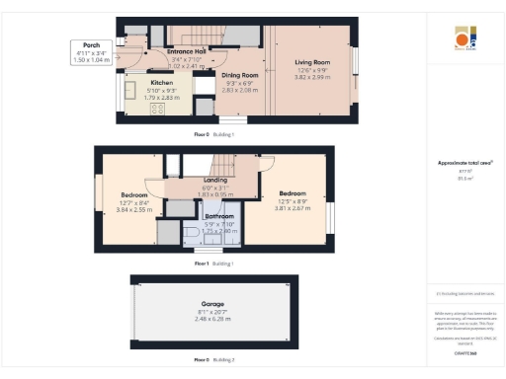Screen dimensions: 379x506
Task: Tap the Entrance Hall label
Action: pos(186,51)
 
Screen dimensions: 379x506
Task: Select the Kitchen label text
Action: pos(161,83)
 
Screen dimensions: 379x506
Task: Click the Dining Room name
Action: pos(239,75)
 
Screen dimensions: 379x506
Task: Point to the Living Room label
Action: pos(312,62)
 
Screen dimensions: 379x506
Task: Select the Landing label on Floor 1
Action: pos(214,181)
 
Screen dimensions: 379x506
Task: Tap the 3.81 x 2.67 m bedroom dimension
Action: pos(293,209)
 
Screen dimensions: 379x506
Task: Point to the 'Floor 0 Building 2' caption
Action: pos(213,360)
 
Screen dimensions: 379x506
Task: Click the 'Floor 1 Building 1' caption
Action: pos(213,264)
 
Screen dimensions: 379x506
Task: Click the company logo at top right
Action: pos(464,38)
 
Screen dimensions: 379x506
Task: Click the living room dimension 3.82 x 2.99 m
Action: pos(312,77)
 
